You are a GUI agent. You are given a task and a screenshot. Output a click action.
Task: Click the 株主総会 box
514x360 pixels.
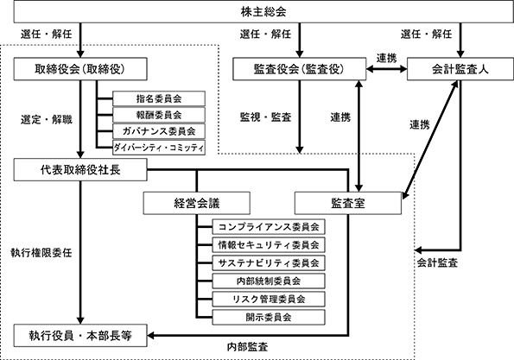click(263, 12)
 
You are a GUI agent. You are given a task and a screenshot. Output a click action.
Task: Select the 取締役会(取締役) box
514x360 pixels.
click(80, 69)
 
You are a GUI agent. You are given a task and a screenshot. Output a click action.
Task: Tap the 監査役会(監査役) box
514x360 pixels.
click(299, 69)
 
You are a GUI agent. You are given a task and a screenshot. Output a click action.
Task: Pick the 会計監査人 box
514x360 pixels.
click(460, 69)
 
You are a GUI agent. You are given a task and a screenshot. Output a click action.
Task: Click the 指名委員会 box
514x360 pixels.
click(159, 98)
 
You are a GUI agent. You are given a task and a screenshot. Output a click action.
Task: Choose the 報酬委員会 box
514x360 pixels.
click(159, 115)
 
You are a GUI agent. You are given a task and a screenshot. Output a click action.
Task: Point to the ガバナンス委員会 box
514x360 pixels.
click(159, 131)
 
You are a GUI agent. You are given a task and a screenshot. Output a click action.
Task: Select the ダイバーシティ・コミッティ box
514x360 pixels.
click(159, 148)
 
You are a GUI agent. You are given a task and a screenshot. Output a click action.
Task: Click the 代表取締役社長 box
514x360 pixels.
click(80, 170)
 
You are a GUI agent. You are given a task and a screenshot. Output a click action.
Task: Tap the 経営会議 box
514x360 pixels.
click(197, 204)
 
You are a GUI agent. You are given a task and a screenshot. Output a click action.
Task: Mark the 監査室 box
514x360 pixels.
click(348, 204)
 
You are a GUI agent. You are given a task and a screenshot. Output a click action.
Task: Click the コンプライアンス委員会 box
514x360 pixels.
click(269, 227)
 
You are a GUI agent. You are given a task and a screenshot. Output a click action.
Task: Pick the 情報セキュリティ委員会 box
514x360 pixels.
click(269, 244)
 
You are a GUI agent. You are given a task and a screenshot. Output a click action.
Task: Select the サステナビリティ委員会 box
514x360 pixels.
click(269, 263)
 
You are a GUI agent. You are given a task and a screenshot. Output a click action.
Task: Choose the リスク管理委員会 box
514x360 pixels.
click(269, 299)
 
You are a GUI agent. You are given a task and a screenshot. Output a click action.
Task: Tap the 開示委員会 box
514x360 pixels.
click(269, 317)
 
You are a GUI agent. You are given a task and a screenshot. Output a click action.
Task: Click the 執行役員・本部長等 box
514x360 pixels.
click(80, 336)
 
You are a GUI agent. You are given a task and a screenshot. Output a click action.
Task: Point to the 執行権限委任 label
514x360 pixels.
click(41, 253)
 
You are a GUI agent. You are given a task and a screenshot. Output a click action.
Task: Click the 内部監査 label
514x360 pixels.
click(247, 347)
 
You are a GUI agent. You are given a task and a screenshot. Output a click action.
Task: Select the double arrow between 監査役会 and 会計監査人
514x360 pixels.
click(386, 69)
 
